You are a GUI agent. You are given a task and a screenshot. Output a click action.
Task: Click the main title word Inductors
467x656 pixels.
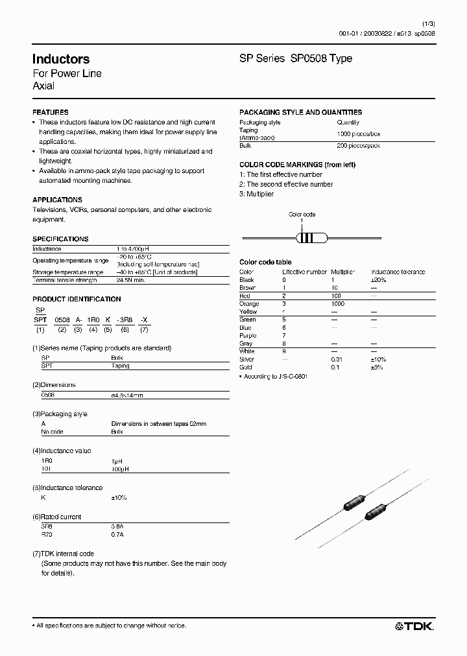pos(61,59)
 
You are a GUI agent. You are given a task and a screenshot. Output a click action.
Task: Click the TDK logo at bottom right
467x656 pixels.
pos(414,626)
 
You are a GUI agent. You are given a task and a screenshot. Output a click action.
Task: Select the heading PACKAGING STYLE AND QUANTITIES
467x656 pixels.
pos(300,112)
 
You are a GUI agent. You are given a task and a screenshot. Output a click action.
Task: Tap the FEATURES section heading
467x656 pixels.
pos(50,112)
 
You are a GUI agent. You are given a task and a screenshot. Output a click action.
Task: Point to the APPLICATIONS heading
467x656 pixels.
pos(57,200)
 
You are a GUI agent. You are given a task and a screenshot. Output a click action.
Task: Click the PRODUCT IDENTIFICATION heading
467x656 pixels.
pos(77,299)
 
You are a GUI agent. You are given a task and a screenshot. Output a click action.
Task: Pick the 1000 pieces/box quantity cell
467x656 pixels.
pos(358,134)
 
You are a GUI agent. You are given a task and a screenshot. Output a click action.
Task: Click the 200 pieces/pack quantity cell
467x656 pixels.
pos(358,146)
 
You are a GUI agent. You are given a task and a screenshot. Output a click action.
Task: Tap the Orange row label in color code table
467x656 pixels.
pos(249,304)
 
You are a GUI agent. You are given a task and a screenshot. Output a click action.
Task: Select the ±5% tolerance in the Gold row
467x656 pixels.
pos(377,368)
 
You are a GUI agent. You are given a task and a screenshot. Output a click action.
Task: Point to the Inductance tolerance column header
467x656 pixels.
pos(398,272)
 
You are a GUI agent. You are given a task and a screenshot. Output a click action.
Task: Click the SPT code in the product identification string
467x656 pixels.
pos(40,320)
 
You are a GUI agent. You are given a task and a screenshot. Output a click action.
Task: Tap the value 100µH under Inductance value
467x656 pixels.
pos(121,468)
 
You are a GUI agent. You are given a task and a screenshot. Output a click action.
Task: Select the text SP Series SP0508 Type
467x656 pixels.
pos(296,58)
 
